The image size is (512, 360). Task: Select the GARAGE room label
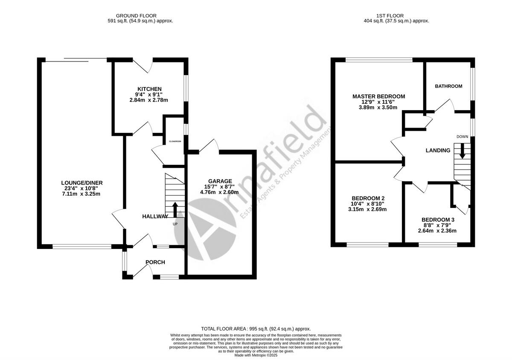point(220,181)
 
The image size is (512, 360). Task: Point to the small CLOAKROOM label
point(175,141)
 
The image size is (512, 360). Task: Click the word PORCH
point(155,262)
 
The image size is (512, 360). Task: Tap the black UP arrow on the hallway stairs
point(175,210)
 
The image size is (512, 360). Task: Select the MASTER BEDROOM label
point(378,97)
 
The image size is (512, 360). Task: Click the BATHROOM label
point(448,86)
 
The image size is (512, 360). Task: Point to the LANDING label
point(438,150)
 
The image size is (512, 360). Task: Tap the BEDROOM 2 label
point(368,198)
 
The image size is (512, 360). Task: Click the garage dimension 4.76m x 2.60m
point(219,192)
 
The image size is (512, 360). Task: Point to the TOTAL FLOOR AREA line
point(256,329)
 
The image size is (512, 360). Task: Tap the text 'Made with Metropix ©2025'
point(256,355)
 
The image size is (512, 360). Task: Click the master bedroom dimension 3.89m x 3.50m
point(378,108)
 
